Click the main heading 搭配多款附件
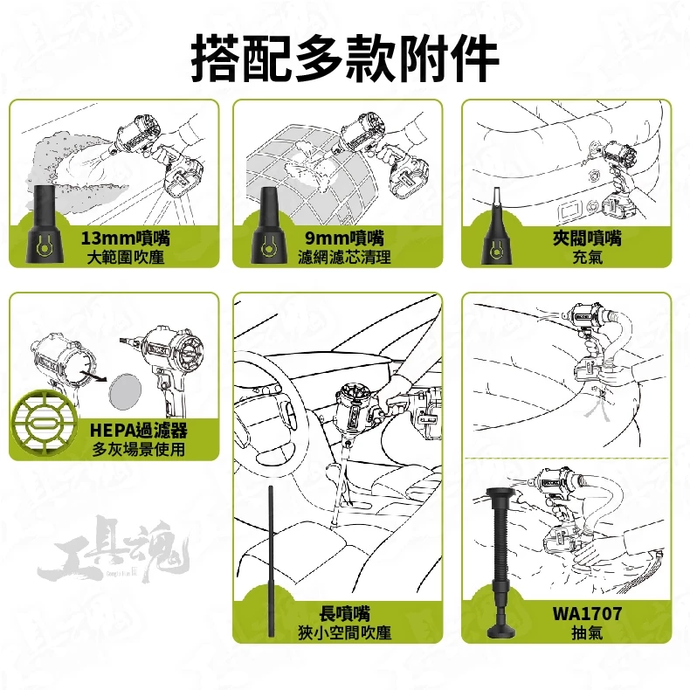click(345, 59)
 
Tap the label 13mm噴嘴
click(126, 238)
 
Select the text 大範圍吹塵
click(126, 258)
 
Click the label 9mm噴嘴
click(344, 238)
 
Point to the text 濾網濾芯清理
click(344, 258)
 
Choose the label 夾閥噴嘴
click(588, 238)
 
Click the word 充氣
click(588, 258)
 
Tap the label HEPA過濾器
click(139, 431)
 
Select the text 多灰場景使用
click(139, 450)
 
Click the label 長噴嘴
click(344, 613)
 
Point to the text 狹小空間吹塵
click(344, 633)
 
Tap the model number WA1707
click(588, 613)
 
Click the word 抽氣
click(588, 633)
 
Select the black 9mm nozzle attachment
click(268, 225)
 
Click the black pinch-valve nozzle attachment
click(496, 229)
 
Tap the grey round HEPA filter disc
click(127, 390)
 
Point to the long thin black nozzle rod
click(271, 561)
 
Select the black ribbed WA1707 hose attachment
click(501, 562)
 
